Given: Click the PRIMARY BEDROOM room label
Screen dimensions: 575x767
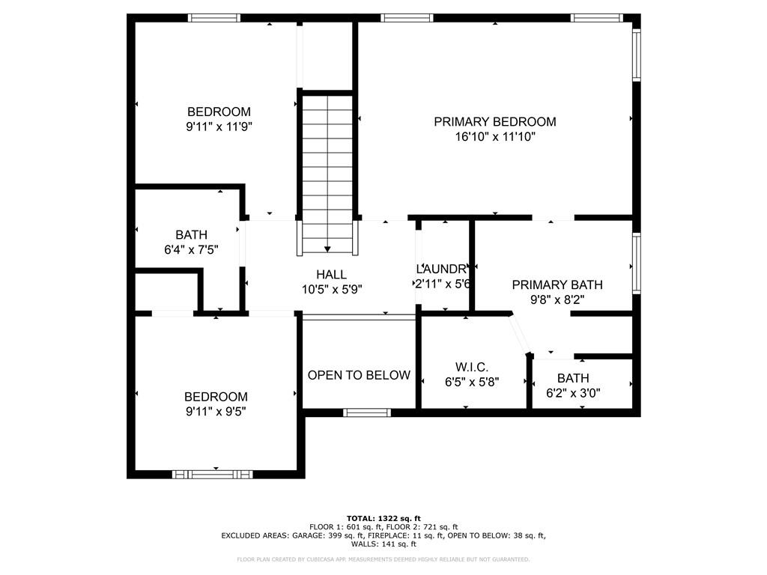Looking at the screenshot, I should click(495, 122).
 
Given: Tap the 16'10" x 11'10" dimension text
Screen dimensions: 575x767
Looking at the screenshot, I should click(495, 137).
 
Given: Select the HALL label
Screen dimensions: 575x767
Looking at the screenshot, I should click(331, 275).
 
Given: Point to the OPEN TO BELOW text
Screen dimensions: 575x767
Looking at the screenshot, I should click(359, 375).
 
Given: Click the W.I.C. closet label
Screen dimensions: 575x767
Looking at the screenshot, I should click(472, 367).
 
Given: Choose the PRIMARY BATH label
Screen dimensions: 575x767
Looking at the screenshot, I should click(557, 285).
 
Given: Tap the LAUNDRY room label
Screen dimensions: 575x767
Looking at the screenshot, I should click(443, 269).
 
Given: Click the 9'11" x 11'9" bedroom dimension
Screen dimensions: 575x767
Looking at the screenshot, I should click(219, 127).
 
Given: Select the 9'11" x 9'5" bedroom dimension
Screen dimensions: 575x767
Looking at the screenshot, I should click(216, 411).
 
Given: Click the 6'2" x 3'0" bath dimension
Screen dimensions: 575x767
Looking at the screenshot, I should click(573, 392).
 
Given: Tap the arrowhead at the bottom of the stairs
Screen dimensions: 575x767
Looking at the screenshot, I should click(327, 249).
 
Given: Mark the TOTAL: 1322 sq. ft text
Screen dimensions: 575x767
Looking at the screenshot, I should click(383, 518).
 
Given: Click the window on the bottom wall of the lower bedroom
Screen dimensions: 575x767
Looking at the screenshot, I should click(213, 474).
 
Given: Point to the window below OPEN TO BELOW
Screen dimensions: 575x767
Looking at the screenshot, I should click(367, 412).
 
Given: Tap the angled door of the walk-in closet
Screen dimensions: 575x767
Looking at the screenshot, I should click(520, 334).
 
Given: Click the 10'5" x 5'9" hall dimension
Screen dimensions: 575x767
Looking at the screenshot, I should click(331, 289).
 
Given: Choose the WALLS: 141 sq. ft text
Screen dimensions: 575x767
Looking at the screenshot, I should click(383, 544).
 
